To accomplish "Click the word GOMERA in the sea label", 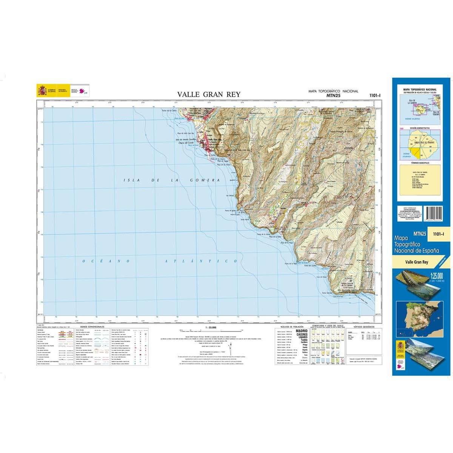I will [x=206, y=180].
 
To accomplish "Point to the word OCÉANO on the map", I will [x=102, y=261].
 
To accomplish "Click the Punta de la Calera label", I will [x=169, y=111].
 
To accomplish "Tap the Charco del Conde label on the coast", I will [x=185, y=143].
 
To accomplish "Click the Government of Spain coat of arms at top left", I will [x=41, y=91].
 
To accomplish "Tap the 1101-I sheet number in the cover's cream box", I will [x=438, y=234].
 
